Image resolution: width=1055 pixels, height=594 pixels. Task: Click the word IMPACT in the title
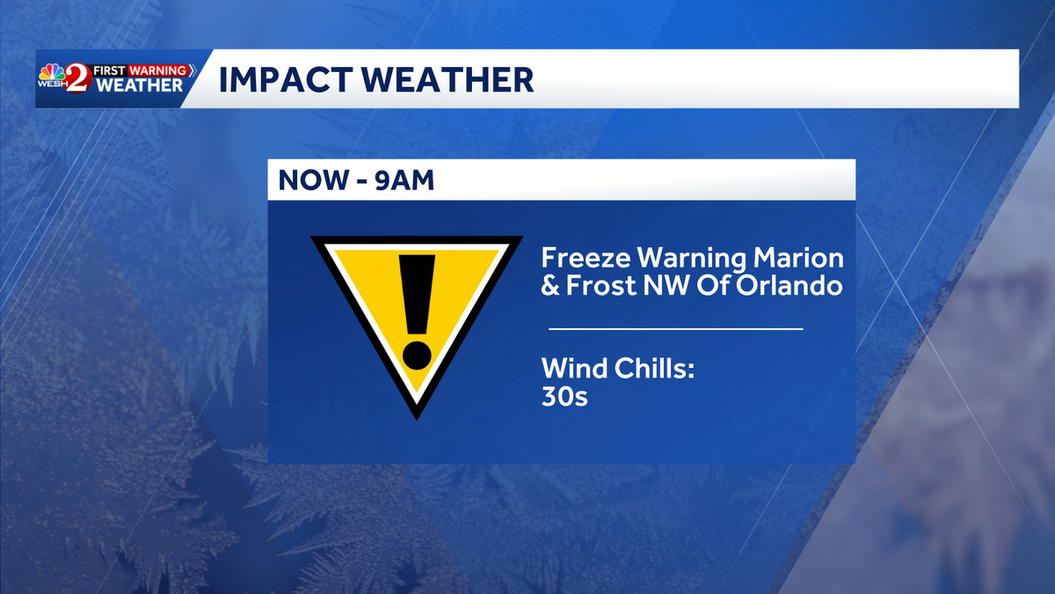coord(286,80)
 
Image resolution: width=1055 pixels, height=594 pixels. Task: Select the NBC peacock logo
coord(52,73)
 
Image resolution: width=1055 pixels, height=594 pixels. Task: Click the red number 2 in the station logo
coord(76,78)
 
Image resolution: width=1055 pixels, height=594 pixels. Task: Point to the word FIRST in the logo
coord(109,70)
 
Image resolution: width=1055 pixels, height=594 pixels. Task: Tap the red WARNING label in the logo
coord(157,70)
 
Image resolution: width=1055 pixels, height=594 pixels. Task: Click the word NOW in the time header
coord(313,180)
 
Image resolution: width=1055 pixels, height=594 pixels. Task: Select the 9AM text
coord(404,180)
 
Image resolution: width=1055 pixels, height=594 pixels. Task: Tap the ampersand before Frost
coord(550,285)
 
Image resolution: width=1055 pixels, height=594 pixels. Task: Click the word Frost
coord(601,285)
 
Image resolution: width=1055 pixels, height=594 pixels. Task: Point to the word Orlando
coord(789,285)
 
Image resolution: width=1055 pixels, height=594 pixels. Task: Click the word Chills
coord(655,368)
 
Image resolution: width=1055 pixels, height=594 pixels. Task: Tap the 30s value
coord(564,396)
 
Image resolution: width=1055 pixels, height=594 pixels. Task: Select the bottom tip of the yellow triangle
coord(417,420)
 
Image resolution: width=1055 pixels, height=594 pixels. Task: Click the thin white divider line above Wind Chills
coord(676,329)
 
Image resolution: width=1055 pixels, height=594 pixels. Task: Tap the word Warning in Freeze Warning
coord(691,259)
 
